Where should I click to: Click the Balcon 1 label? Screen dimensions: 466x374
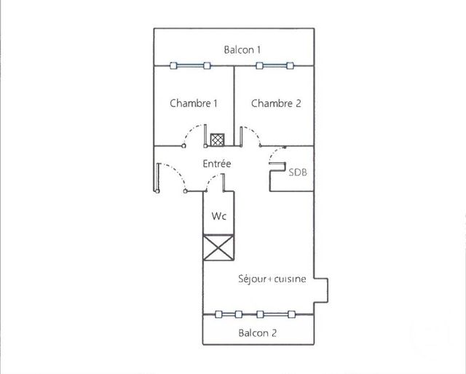pyautogui.click(x=242, y=49)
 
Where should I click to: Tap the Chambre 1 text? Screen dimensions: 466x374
pyautogui.click(x=194, y=103)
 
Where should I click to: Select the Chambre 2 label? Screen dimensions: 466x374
pyautogui.click(x=276, y=103)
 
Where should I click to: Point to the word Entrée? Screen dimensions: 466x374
pyautogui.click(x=217, y=164)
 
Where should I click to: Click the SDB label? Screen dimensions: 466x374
pyautogui.click(x=298, y=172)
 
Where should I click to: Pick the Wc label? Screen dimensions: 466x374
pyautogui.click(x=218, y=216)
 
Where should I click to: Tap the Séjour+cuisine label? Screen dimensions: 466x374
pyautogui.click(x=272, y=279)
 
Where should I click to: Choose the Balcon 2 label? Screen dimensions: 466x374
pyautogui.click(x=257, y=333)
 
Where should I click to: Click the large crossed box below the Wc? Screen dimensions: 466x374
pyautogui.click(x=218, y=247)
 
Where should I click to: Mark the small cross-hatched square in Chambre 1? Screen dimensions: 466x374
pyautogui.click(x=217, y=140)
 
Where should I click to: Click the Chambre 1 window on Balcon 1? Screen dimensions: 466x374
pyautogui.click(x=191, y=65)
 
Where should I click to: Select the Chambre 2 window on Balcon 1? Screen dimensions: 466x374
pyautogui.click(x=275, y=65)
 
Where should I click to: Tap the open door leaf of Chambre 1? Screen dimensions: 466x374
pyautogui.click(x=205, y=135)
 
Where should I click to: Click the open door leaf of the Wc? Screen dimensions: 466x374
pyautogui.click(x=223, y=183)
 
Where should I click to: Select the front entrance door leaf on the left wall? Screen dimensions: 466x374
pyautogui.click(x=157, y=178)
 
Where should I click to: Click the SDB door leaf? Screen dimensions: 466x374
pyautogui.click(x=277, y=163)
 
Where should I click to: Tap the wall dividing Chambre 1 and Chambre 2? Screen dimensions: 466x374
pyautogui.click(x=234, y=106)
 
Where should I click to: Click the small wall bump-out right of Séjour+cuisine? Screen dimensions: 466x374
pyautogui.click(x=321, y=290)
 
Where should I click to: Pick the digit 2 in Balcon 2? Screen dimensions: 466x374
pyautogui.click(x=274, y=333)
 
